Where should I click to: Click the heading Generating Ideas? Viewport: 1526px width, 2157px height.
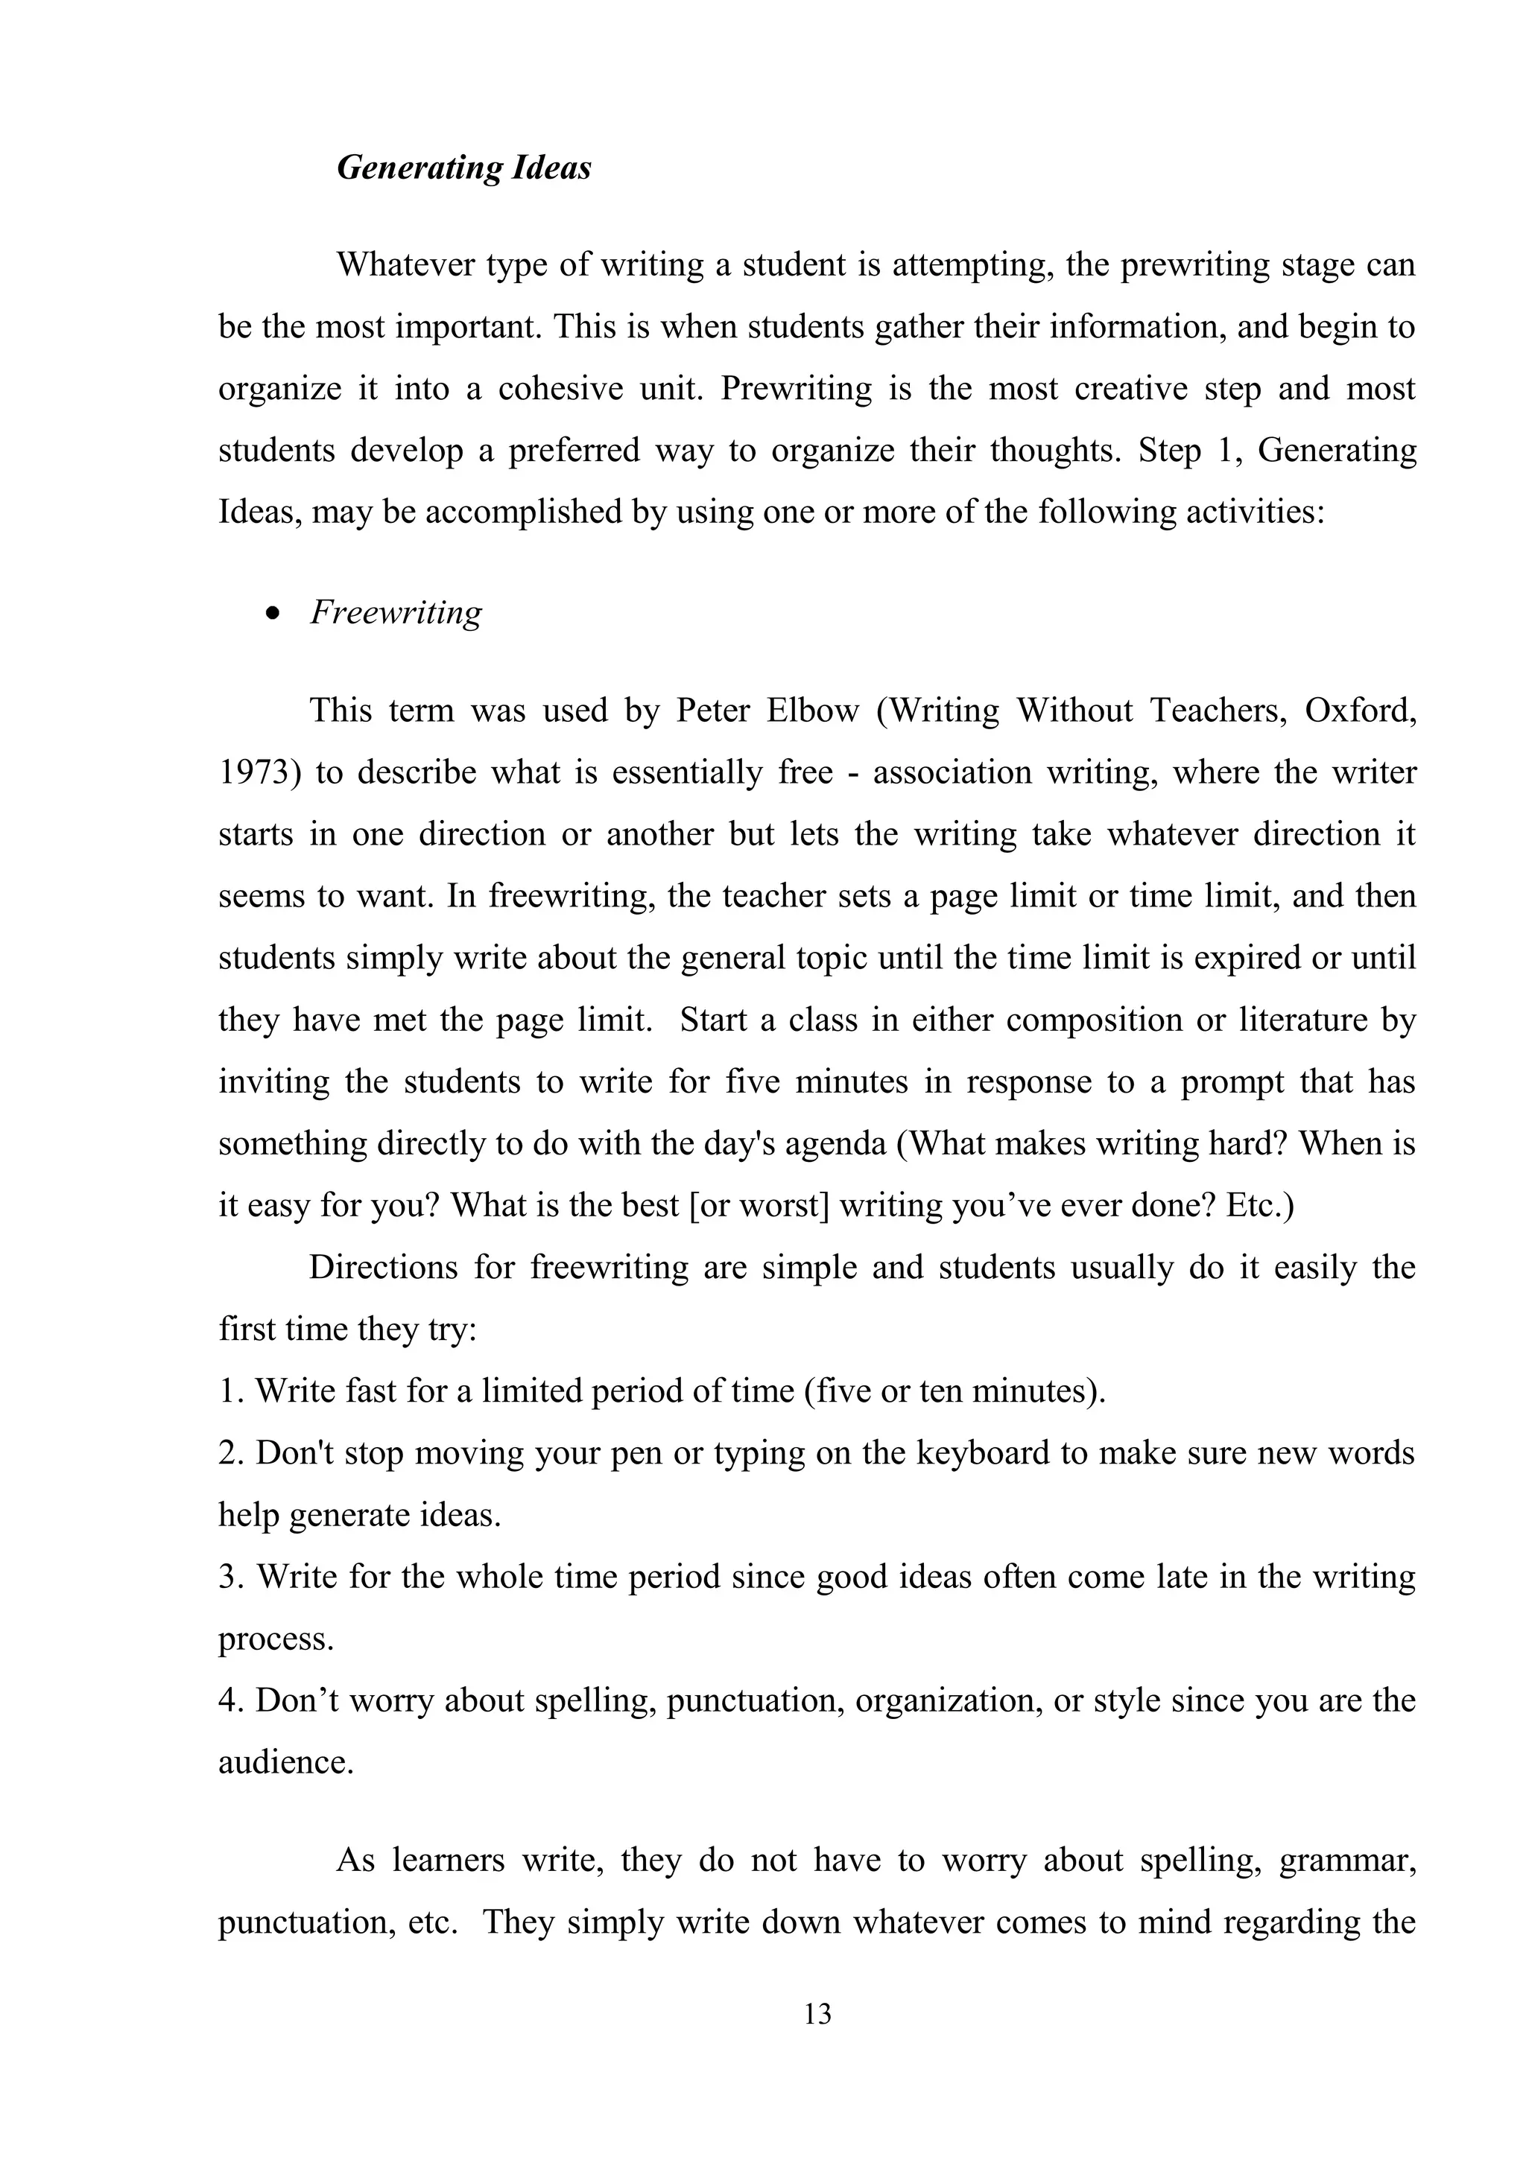[464, 168]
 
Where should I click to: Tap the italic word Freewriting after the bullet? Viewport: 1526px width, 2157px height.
[396, 612]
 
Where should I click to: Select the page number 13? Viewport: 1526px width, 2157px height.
[817, 2013]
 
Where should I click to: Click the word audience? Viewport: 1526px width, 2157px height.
[285, 1762]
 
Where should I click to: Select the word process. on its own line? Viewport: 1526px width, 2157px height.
[276, 1639]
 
